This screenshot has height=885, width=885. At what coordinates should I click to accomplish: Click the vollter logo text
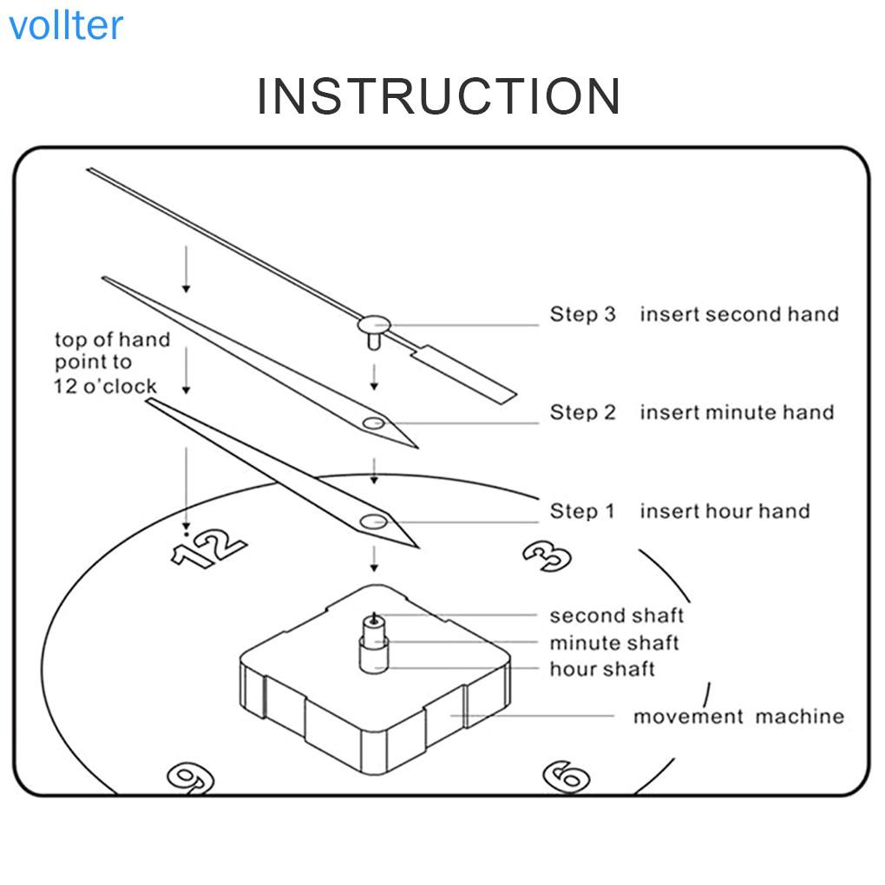[66, 26]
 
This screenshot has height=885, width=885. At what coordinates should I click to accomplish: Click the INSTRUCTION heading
[438, 96]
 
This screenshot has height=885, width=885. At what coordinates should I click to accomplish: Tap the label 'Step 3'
[582, 314]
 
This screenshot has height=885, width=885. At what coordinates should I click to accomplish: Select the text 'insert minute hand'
[737, 412]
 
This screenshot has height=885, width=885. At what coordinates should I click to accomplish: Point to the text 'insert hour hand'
[724, 511]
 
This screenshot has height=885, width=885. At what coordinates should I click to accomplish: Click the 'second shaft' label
[616, 615]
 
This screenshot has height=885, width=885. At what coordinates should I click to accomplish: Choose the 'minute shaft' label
[613, 643]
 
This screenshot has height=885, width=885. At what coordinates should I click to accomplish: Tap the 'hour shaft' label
[602, 669]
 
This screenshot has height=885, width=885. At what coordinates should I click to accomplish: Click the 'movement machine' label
[737, 717]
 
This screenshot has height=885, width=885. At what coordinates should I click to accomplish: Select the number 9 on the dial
[190, 776]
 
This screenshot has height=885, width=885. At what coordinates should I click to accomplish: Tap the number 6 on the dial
[567, 775]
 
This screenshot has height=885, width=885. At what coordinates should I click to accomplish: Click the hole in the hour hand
[374, 521]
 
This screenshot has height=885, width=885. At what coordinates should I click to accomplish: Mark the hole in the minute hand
[374, 423]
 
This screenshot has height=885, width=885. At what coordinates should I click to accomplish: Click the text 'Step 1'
[582, 511]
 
